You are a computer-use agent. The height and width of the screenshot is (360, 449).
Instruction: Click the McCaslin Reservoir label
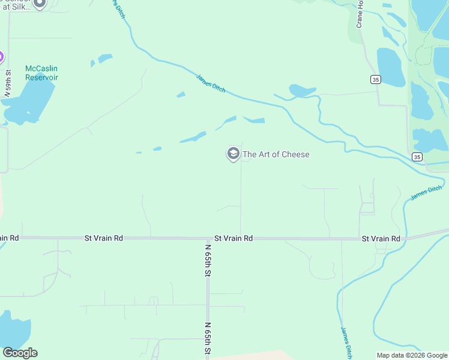(x=41, y=73)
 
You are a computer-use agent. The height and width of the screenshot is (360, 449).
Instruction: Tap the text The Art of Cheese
(x=276, y=154)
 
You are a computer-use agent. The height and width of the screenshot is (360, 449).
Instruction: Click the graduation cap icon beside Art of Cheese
(x=233, y=154)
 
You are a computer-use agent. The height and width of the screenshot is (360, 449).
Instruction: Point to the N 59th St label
(x=8, y=88)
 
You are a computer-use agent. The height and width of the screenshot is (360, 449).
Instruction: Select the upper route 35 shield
(x=375, y=79)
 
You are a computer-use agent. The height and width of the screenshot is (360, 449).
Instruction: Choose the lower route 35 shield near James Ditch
(x=417, y=157)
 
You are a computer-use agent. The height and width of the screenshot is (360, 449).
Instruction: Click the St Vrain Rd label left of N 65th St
(x=104, y=238)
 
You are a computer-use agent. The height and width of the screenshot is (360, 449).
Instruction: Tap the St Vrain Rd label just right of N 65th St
(x=234, y=238)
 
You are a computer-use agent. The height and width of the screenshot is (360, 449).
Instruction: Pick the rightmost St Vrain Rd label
(x=381, y=239)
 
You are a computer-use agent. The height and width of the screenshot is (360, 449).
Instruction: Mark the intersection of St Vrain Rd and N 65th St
(x=208, y=238)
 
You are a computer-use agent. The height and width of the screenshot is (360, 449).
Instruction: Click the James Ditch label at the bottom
(x=346, y=340)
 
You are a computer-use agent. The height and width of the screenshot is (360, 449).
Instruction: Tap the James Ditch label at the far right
(x=426, y=193)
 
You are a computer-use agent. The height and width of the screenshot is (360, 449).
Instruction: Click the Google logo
(x=20, y=353)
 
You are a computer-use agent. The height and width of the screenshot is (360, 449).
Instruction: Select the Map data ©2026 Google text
(x=412, y=355)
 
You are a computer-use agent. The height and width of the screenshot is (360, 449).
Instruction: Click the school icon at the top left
(x=40, y=3)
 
